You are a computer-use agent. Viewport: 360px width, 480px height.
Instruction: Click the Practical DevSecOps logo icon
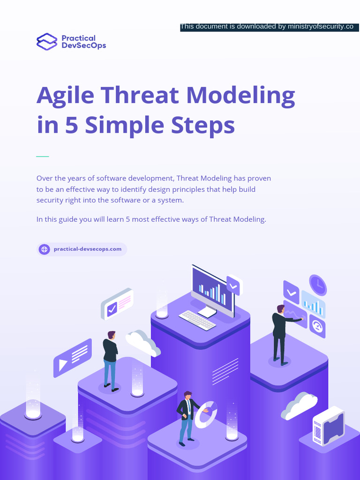[x=46, y=41]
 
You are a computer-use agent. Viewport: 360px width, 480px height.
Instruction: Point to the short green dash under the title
[x=43, y=156]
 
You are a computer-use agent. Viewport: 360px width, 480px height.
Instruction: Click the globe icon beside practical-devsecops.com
[x=45, y=249]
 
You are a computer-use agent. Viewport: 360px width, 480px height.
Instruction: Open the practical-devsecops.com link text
[x=88, y=249]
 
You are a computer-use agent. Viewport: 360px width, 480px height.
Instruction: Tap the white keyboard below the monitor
[x=197, y=320]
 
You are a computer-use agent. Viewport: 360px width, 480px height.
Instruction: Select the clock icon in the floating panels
[x=318, y=285]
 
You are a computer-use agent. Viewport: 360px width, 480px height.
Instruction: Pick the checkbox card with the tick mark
[x=117, y=304]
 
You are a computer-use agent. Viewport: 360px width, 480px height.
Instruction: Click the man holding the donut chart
[x=187, y=417]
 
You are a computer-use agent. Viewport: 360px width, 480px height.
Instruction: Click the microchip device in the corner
[x=329, y=426]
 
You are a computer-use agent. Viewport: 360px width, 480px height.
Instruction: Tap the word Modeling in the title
[x=240, y=96]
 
